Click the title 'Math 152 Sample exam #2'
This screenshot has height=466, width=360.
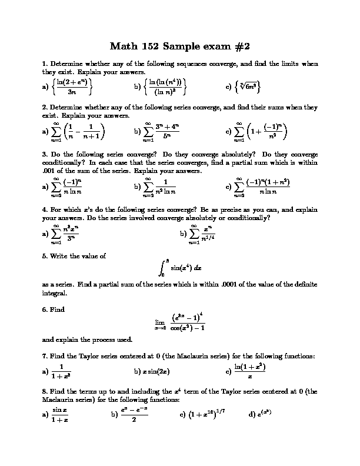(x=179, y=45)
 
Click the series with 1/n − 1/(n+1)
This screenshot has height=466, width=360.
(x=78, y=132)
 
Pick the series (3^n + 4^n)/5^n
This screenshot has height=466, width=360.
(x=166, y=132)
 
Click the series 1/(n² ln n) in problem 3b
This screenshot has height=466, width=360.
(x=160, y=187)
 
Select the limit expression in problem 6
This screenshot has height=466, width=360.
(x=179, y=323)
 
